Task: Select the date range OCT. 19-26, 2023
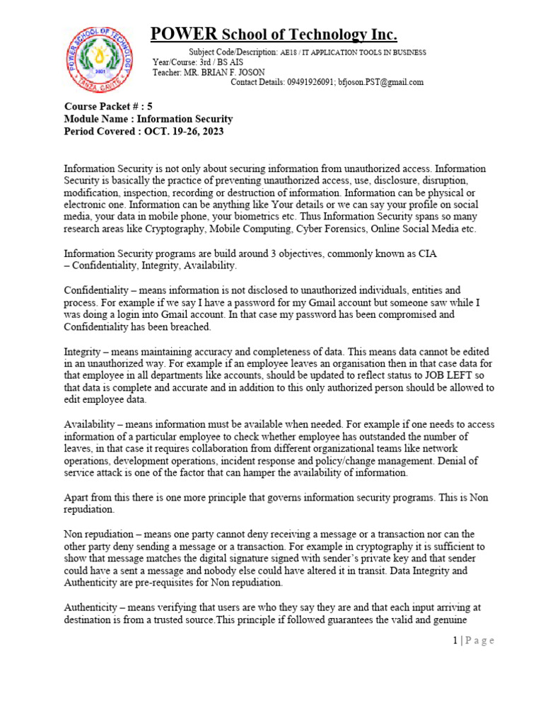189,131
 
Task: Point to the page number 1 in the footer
456,641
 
